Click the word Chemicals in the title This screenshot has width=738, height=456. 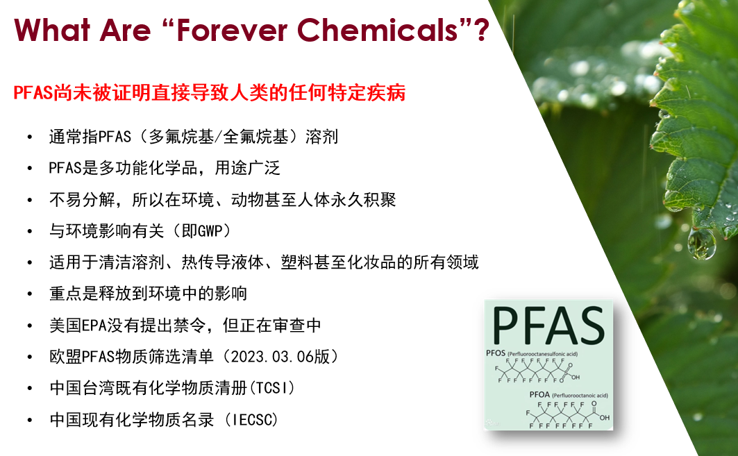[378, 30]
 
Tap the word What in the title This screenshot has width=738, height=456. [52, 30]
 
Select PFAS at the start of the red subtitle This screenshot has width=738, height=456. [33, 93]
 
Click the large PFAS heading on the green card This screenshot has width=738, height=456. [548, 326]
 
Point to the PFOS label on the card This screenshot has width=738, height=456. [496, 353]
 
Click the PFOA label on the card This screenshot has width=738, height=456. [539, 395]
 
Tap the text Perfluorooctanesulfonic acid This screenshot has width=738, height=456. [542, 354]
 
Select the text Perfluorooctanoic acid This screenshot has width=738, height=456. [580, 396]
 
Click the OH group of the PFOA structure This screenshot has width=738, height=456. [604, 417]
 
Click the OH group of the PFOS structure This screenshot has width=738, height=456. [575, 377]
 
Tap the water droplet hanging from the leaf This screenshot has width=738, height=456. [701, 244]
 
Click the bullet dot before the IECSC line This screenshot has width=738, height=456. [30, 420]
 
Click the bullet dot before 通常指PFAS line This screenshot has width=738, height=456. [30, 137]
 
